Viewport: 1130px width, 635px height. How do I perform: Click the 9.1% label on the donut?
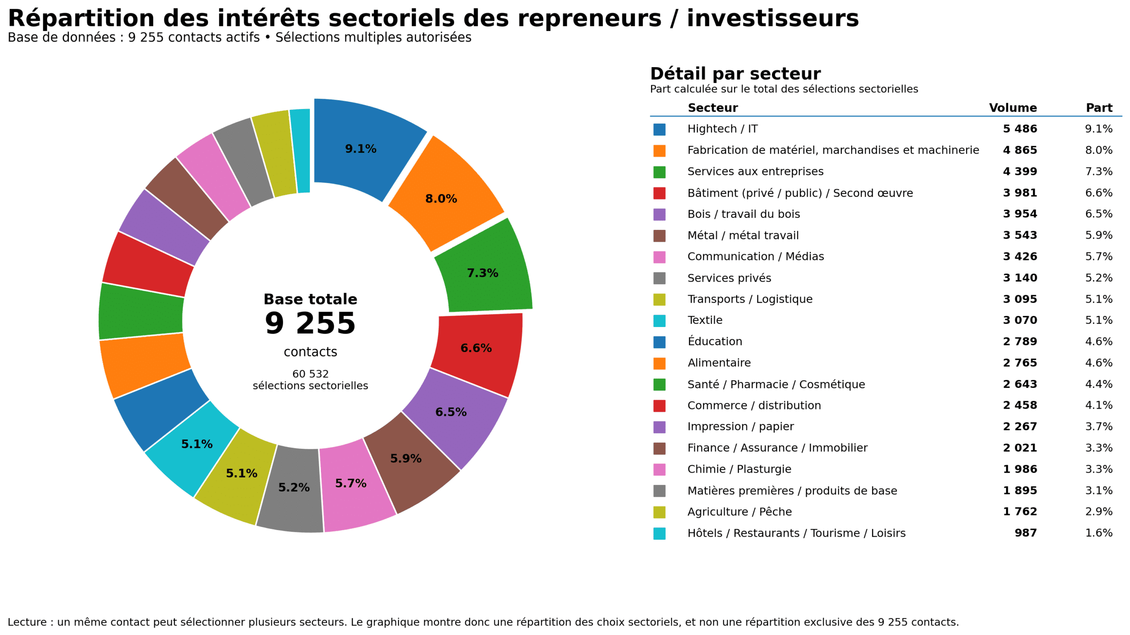click(x=360, y=149)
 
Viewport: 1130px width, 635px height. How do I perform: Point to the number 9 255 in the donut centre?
click(x=310, y=323)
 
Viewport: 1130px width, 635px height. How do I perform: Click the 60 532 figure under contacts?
click(x=310, y=374)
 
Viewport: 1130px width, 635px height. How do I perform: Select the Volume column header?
click(x=1012, y=108)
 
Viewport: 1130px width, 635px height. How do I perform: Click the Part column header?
click(x=1099, y=108)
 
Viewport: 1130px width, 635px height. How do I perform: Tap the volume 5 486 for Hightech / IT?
click(x=1020, y=129)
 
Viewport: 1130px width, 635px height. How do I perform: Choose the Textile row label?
click(x=704, y=320)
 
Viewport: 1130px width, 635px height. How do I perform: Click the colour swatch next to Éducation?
click(x=659, y=342)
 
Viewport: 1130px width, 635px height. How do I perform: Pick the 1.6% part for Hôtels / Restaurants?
click(x=1098, y=533)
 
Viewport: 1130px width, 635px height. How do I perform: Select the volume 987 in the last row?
click(x=1025, y=533)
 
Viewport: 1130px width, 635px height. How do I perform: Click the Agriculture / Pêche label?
click(x=739, y=511)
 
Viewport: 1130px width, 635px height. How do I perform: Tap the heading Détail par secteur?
click(x=735, y=73)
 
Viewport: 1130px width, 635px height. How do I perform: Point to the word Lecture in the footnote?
click(x=26, y=622)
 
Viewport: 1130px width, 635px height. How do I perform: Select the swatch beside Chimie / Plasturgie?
click(x=659, y=470)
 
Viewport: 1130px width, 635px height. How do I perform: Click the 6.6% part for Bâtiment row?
click(x=1098, y=193)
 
